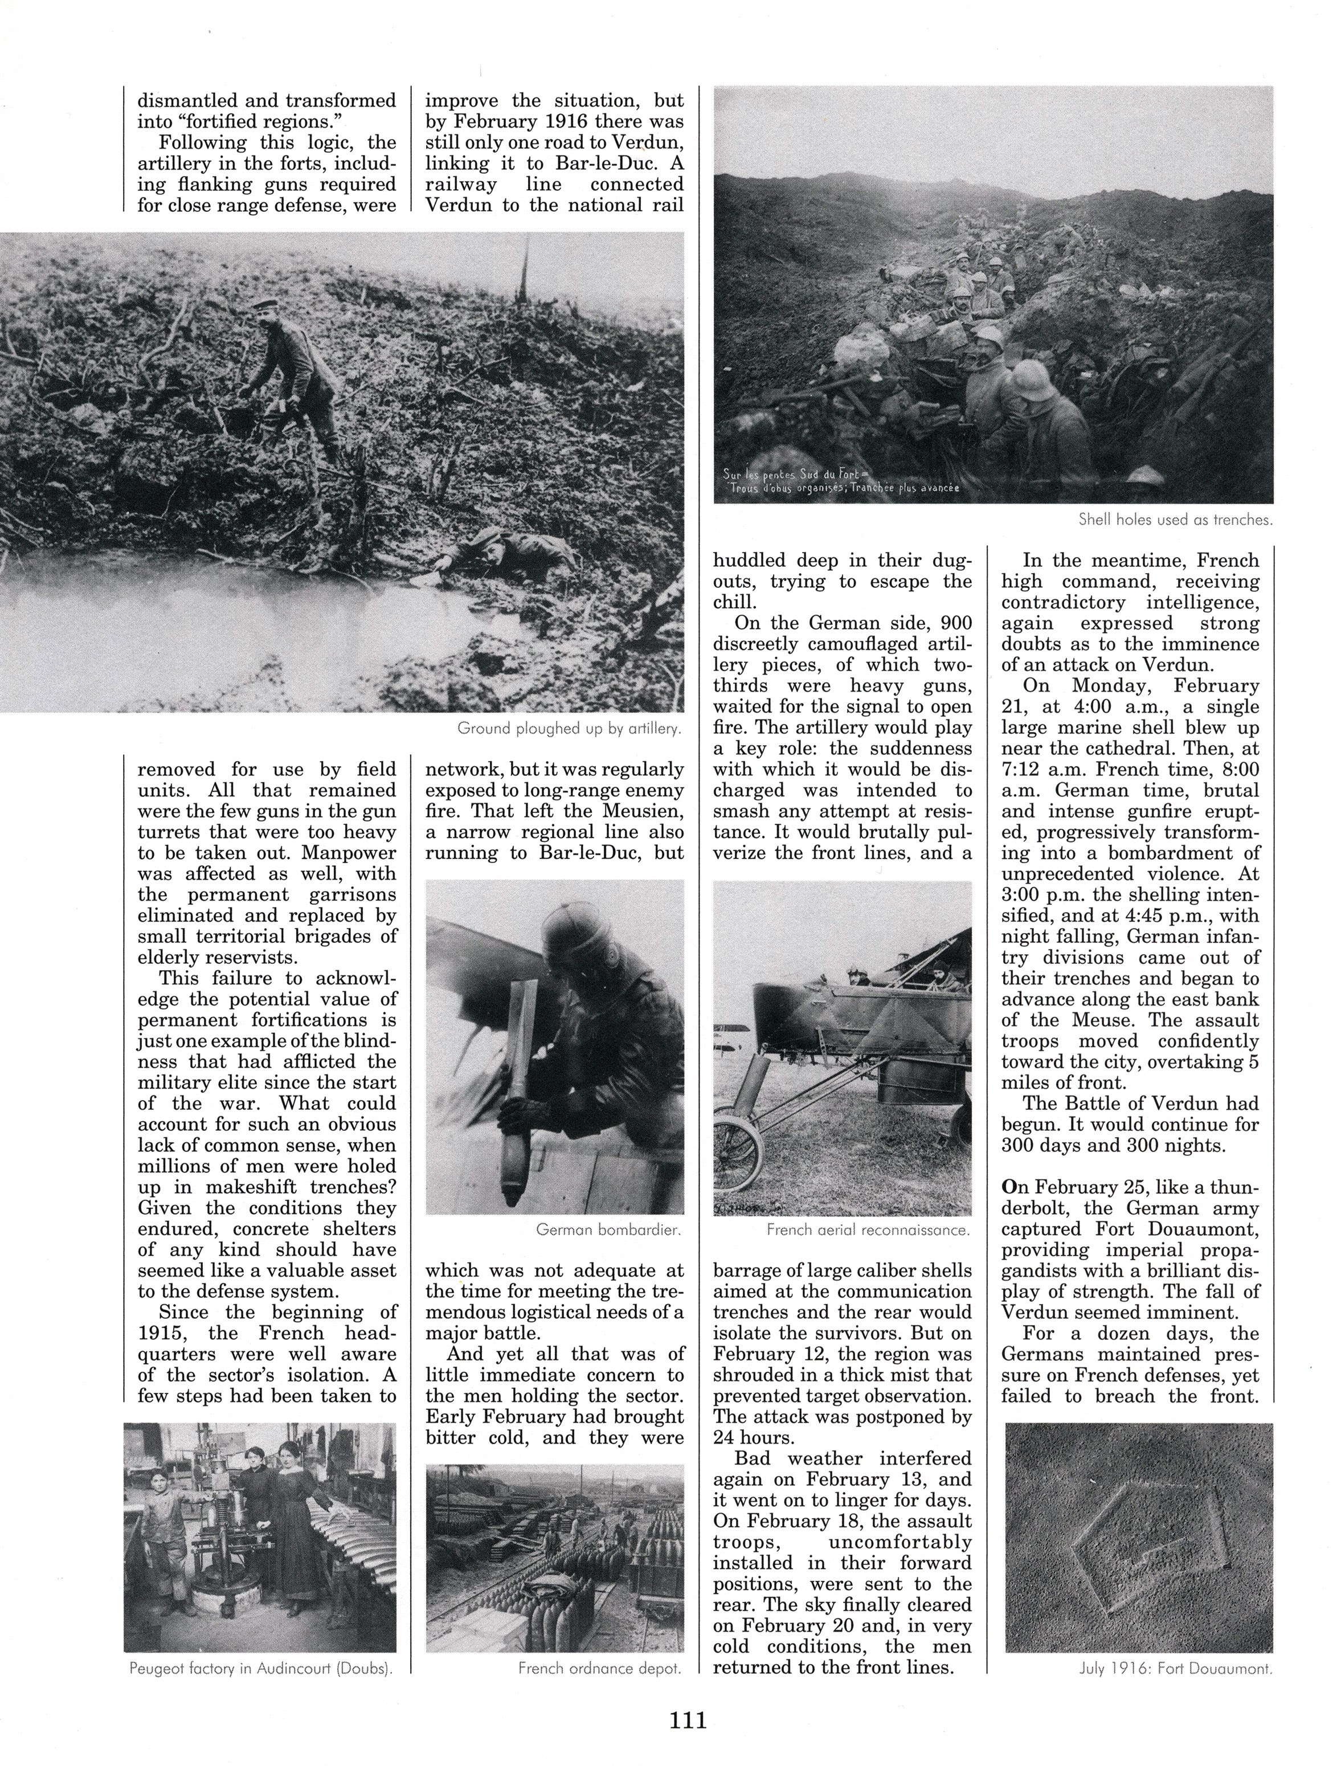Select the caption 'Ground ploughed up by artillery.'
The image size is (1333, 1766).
(569, 728)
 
